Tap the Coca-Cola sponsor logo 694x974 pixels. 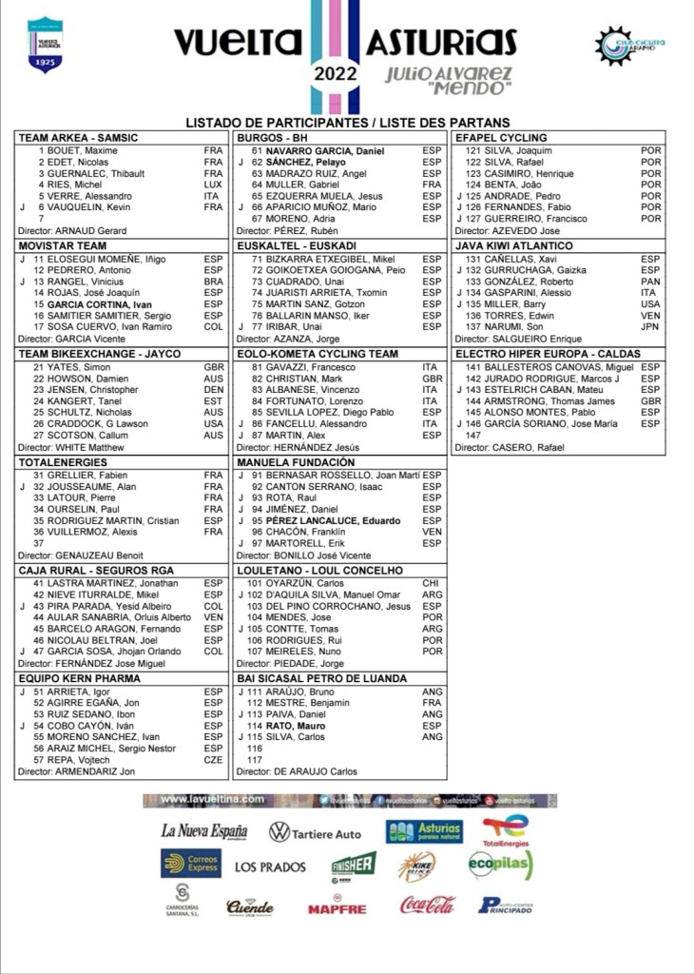click(x=427, y=906)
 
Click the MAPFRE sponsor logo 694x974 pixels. click(x=337, y=907)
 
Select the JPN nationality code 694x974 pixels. click(x=650, y=327)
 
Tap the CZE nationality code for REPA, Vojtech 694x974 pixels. click(x=213, y=760)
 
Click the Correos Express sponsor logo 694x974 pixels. click(x=191, y=864)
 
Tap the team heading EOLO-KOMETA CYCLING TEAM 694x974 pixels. click(x=317, y=354)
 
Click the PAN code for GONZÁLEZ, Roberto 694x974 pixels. click(x=650, y=282)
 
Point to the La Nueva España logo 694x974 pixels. click(x=203, y=831)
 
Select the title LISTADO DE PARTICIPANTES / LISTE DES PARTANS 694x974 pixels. click(x=347, y=122)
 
